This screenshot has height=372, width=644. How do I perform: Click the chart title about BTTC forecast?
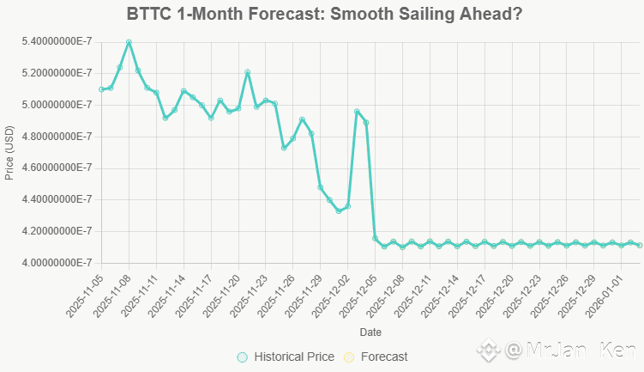tap(325, 15)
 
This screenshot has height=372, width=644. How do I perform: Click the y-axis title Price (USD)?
tap(9, 152)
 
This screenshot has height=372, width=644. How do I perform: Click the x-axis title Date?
tap(370, 332)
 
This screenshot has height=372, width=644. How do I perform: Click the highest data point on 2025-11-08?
tap(129, 41)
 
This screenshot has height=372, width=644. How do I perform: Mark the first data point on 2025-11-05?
tap(101, 89)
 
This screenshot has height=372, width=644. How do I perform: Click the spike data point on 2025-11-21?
tap(247, 72)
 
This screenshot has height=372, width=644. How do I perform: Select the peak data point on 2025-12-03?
tap(357, 111)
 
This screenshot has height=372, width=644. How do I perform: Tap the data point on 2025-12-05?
tap(375, 238)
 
